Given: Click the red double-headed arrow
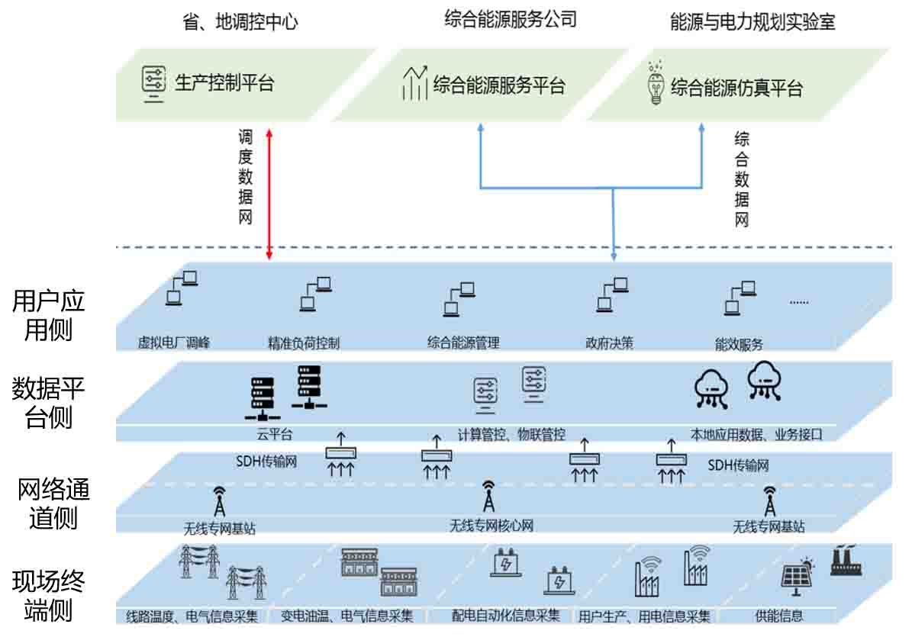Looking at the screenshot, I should tap(269, 194).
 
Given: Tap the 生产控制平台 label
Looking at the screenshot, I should tap(224, 82).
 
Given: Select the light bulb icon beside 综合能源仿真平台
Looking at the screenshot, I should tap(654, 85).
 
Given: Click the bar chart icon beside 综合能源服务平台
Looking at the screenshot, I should tap(414, 83).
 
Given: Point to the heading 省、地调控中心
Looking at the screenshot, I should tap(240, 22).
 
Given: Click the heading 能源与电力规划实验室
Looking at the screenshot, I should tap(752, 22).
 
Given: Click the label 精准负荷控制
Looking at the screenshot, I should tap(303, 343).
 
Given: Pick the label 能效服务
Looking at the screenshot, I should tap(738, 343).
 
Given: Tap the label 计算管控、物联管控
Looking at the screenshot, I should tap(511, 435).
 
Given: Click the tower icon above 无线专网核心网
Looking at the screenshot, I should tap(488, 497).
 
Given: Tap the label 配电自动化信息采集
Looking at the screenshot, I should tap(505, 616).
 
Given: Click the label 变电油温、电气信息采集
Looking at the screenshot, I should tap(347, 616).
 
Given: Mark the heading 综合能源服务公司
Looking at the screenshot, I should tap(511, 20).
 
